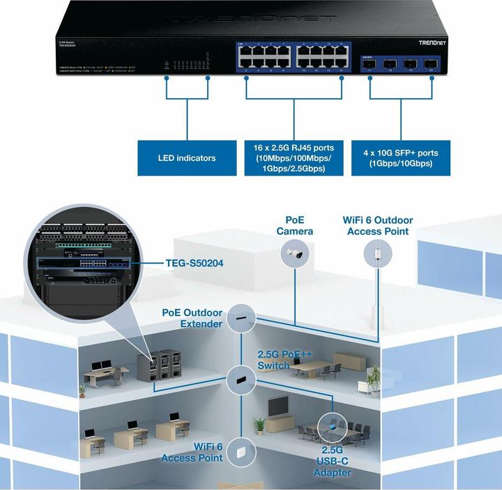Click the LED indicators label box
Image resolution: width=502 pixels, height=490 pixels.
point(186,158)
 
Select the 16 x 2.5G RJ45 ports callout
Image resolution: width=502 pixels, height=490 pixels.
point(294,158)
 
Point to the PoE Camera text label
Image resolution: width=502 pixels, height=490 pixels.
point(294,225)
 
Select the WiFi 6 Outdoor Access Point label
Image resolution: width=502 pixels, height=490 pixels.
point(378,225)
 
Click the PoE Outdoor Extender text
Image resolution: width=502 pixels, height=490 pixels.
point(192,319)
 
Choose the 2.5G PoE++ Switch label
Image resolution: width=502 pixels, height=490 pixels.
point(284,360)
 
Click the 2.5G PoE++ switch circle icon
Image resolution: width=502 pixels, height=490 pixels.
point(241,380)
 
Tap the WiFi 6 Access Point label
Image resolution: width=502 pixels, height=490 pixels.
point(192,452)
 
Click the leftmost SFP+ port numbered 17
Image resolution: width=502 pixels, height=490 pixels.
point(370,63)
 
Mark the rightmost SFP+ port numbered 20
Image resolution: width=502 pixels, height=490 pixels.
point(430,63)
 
